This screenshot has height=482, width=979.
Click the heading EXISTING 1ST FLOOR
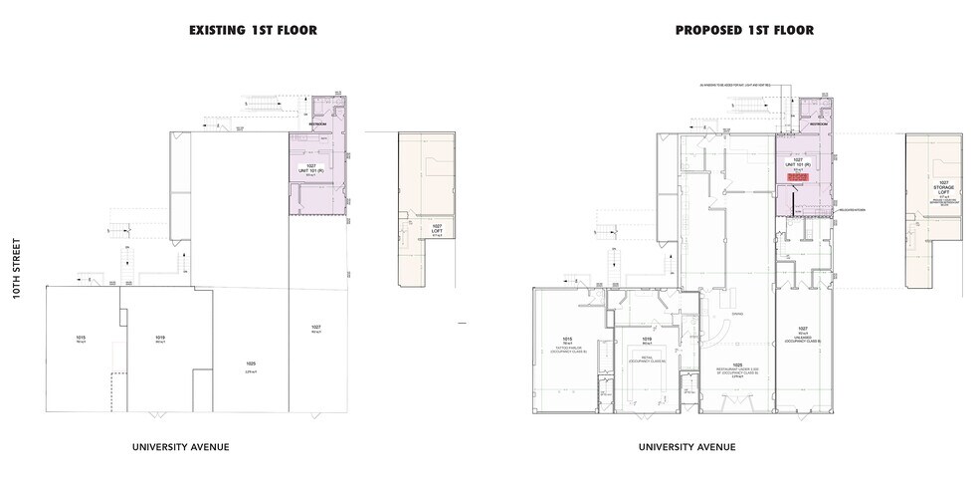click(253, 31)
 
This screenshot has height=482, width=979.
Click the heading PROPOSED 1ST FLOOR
click(744, 31)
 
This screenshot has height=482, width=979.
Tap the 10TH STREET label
click(18, 278)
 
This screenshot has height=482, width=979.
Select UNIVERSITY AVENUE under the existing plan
click(181, 446)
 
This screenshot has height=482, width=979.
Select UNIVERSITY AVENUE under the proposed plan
click(687, 446)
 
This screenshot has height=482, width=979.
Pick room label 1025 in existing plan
click(251, 365)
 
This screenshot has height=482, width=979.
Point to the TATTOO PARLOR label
click(567, 346)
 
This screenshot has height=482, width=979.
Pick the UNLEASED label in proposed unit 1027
click(802, 337)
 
